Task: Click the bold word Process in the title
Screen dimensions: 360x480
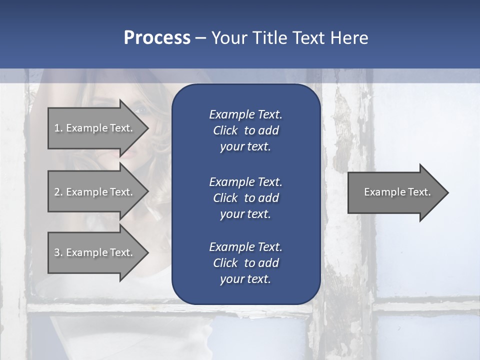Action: (157, 38)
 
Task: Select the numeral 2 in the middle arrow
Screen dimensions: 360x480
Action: (57, 192)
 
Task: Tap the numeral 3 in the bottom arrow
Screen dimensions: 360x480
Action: (57, 252)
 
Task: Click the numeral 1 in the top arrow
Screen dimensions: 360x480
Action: (57, 128)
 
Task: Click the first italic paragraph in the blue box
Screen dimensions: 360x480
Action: (245, 130)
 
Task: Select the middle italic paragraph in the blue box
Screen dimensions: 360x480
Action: (245, 198)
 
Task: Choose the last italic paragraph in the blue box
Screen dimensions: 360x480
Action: (245, 263)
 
